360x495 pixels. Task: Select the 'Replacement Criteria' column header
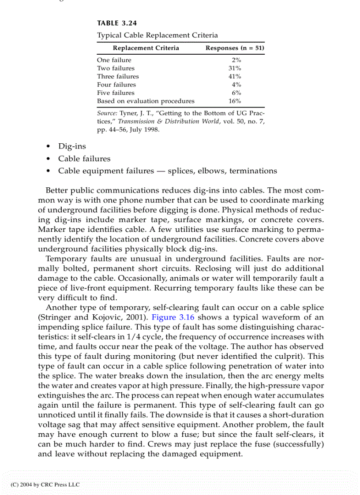point(146,48)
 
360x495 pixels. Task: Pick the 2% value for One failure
point(236,60)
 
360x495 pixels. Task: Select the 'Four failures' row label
point(116,85)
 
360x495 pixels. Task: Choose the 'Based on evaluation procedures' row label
point(146,101)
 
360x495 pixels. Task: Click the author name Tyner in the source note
point(127,114)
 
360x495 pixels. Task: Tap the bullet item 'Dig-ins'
point(72,146)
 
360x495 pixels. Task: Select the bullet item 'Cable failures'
point(84,159)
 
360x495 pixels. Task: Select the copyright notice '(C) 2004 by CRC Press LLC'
point(45,484)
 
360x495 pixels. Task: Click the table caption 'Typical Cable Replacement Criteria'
point(157,35)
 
